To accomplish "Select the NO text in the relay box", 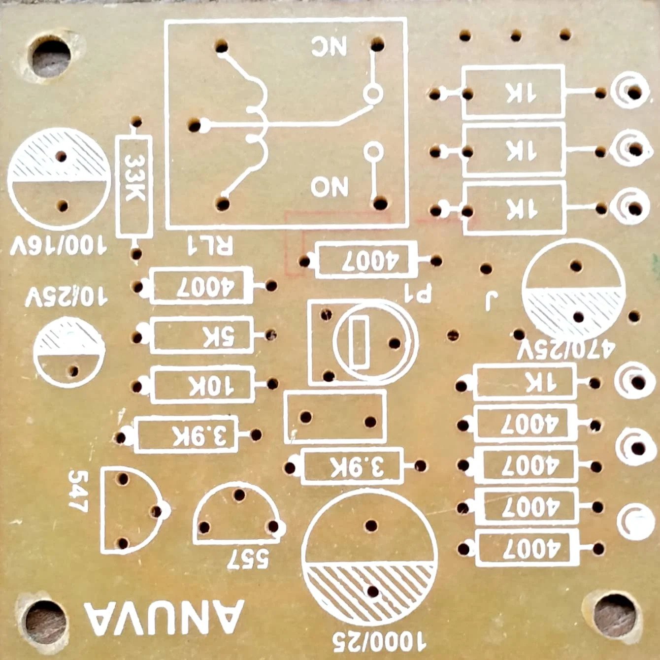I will pyautogui.click(x=330, y=187).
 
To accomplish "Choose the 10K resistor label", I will pyautogui.click(x=204, y=386).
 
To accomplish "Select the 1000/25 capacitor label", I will pyautogui.click(x=379, y=641).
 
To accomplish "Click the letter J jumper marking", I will pyautogui.click(x=489, y=301).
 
